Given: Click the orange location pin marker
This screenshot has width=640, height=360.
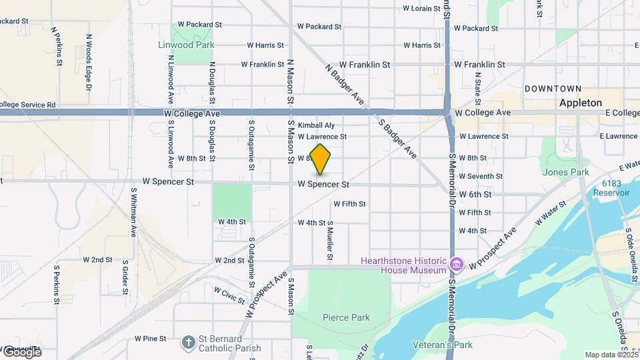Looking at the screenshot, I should [321, 159].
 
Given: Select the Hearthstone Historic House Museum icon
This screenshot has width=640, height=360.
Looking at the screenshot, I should [456, 265].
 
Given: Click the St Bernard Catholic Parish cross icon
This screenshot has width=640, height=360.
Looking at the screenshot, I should [189, 342].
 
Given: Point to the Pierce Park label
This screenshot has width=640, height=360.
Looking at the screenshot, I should [345, 317].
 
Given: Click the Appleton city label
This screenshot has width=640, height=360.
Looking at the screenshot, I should [580, 103].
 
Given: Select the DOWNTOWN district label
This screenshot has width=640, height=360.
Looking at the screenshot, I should [553, 88].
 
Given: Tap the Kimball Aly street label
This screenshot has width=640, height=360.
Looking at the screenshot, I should [316, 125].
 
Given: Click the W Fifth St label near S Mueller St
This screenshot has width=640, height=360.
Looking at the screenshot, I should [350, 203].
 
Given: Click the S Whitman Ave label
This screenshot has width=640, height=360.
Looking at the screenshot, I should [133, 212].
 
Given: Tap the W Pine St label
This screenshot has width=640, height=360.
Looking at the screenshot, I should [150, 339].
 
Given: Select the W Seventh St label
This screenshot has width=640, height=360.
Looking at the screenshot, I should [481, 176].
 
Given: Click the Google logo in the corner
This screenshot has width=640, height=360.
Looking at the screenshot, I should [21, 351].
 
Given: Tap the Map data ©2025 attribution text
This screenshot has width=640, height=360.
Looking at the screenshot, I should [610, 355].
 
